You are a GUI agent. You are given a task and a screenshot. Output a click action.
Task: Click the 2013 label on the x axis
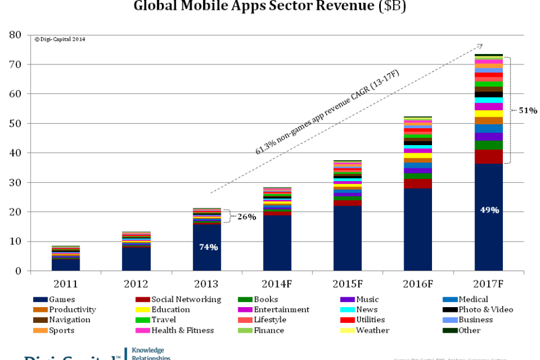tap(207, 284)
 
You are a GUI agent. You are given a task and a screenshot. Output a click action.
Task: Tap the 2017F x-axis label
tap(488, 284)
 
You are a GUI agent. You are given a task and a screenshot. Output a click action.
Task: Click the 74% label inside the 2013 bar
tap(208, 247)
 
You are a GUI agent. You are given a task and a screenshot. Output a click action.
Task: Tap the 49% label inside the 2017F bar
tap(489, 210)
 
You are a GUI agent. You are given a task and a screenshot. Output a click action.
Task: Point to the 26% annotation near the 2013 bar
tap(246, 217)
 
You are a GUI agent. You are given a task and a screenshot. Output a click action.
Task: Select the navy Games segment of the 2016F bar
tap(418, 229)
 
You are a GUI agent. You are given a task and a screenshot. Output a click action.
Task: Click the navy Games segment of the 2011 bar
tap(66, 265)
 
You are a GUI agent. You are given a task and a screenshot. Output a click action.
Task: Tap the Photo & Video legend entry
tap(485, 310)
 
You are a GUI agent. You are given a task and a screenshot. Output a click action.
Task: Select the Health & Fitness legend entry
tap(182, 331)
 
